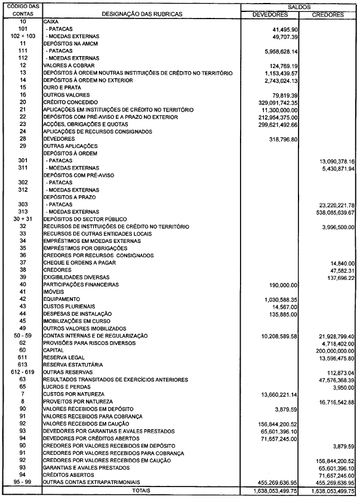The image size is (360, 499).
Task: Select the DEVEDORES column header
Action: pyautogui.click(x=270, y=14)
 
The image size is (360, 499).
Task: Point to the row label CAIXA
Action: pyautogui.click(x=51, y=21)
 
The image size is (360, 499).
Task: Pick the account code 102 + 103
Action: pyautogui.click(x=23, y=36)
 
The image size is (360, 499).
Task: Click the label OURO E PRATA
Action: pyautogui.click(x=61, y=88)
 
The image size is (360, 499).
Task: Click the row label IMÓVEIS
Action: pyautogui.click(x=53, y=291)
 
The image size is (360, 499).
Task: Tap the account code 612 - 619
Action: pyautogui.click(x=23, y=372)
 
